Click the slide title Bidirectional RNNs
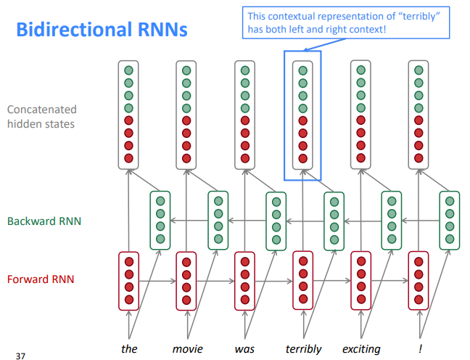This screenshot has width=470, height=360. pyautogui.click(x=102, y=30)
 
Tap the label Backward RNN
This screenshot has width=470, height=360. pyautogui.click(x=44, y=221)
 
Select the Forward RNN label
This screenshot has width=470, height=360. pyautogui.click(x=41, y=279)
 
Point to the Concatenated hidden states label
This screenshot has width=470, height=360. pyautogui.click(x=41, y=117)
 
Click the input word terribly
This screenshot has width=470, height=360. pyautogui.click(x=303, y=349)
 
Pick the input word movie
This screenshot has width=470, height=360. pyautogui.click(x=188, y=349)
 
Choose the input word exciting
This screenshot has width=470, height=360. pyautogui.click(x=361, y=349)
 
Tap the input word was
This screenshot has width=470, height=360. pyautogui.click(x=244, y=349)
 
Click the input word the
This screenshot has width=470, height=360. pyautogui.click(x=129, y=348)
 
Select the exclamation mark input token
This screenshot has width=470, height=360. pyautogui.click(x=420, y=348)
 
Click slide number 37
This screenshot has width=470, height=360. pyautogui.click(x=20, y=356)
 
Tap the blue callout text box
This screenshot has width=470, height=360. pyautogui.click(x=346, y=22)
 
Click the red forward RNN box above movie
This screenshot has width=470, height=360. pyautogui.click(x=186, y=281)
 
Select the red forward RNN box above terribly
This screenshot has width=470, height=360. pyautogui.click(x=303, y=280)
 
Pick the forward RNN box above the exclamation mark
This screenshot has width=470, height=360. pyautogui.click(x=419, y=280)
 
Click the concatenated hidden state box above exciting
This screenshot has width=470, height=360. pyautogui.click(x=360, y=115)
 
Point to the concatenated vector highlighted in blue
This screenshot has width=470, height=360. pyautogui.click(x=302, y=115)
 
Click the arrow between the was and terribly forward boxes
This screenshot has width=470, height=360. pyautogui.click(x=273, y=282)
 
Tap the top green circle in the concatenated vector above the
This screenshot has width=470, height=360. pyautogui.click(x=128, y=70)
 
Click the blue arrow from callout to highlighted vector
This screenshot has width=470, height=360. pyautogui.click(x=324, y=45)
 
